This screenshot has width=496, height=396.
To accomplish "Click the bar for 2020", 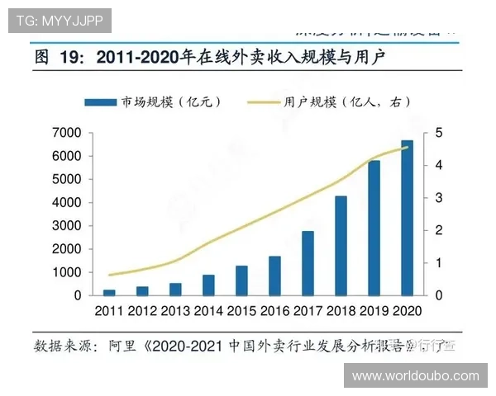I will pos(408,218).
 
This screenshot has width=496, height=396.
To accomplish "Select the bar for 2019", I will pos(374,228).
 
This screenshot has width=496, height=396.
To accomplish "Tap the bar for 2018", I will pos(341,245).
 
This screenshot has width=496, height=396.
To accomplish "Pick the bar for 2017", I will pos(308,262).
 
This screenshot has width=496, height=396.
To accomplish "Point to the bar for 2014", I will pos(208,285).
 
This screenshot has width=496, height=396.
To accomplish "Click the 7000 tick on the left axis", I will pos(66,133).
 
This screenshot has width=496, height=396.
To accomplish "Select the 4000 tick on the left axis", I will pos(66,202).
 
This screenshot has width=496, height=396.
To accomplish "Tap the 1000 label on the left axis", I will pos(66,272).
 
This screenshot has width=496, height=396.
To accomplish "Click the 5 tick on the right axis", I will pos(439,133).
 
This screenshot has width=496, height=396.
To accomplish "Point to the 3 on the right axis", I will pos(439,198).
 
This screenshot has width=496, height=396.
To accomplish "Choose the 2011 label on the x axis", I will pos(109,311).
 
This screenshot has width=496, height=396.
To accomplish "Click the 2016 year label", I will pos(274,311).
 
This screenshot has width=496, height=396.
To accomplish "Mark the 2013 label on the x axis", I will pos(175,311).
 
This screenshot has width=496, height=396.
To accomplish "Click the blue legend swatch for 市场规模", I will pos(100,101).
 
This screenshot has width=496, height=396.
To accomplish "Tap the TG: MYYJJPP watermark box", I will pos(59,20).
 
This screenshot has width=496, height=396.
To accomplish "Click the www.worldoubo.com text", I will pos(415,375).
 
